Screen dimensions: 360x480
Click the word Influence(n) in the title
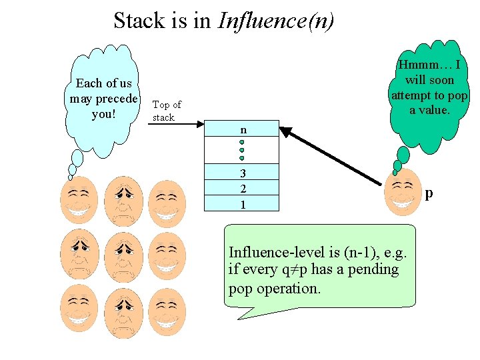coord(276,21)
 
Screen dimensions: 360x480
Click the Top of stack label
coord(166,111)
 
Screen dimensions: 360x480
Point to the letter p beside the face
coord(429,193)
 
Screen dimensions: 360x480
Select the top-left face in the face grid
coord(79,199)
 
